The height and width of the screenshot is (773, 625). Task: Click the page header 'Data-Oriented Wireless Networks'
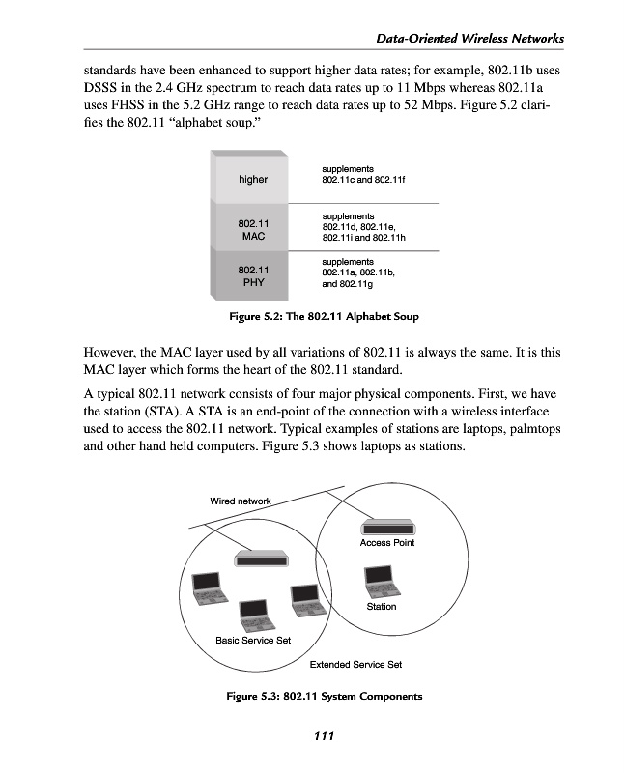[x=469, y=38]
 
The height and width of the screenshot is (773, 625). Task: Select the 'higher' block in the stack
[x=253, y=179]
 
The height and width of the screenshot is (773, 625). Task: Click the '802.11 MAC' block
[x=253, y=229]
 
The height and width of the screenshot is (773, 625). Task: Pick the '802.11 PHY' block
[x=253, y=275]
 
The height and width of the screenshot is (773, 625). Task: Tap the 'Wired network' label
[x=241, y=501]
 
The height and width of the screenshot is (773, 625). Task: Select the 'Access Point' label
[x=387, y=543]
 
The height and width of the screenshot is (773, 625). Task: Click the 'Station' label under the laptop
[x=382, y=607]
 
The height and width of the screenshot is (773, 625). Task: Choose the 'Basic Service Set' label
[x=252, y=641]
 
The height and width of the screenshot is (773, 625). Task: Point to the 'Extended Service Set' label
[x=355, y=665]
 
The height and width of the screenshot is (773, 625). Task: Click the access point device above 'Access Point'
[x=387, y=528]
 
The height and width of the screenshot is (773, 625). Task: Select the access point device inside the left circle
[x=262, y=558]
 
